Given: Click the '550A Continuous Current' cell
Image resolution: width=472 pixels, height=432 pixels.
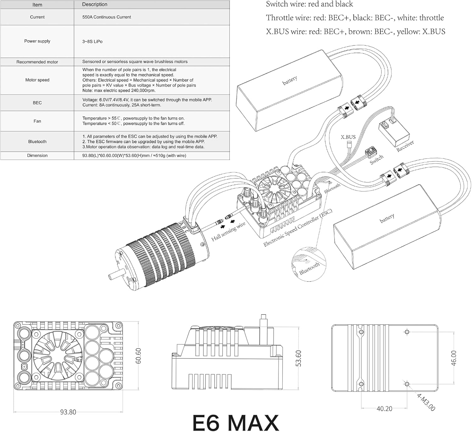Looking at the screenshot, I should coord(107,17).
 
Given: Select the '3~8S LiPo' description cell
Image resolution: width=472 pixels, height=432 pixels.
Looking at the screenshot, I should coord(93,41).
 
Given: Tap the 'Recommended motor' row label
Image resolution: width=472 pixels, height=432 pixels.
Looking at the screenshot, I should coord(37,62).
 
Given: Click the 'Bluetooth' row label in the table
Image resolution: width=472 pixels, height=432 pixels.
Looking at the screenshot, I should coord(37,142).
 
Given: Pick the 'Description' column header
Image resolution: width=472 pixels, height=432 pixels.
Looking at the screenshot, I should coord(95,4).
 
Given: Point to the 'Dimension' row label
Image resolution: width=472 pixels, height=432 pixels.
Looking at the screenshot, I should coord(37,156).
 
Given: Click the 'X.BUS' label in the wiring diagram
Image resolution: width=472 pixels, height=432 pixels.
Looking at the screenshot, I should coord(348,137).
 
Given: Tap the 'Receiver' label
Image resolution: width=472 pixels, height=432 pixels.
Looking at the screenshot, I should coord(405,146).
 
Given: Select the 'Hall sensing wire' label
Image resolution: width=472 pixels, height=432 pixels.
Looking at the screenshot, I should coord(228,232).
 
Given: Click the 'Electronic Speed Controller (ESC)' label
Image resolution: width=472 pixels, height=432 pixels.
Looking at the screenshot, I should coord(298,228).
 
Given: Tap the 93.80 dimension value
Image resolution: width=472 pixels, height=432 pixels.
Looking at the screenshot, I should coord(68,412).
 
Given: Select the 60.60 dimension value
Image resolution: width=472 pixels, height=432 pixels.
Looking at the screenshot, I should coord(138,356).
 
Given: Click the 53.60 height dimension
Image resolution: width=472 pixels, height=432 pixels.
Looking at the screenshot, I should coord(298,358).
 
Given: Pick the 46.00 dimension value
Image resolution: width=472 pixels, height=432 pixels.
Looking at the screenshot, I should coord(453,358).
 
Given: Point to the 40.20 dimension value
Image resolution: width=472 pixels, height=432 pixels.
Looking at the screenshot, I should coord(384,409).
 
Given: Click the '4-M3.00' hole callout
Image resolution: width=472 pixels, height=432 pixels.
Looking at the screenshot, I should coord(426,402).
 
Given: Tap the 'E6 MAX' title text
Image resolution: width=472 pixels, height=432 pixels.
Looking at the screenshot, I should coord(235,423).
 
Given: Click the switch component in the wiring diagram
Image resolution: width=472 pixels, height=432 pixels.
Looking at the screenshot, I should coord(370,152).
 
